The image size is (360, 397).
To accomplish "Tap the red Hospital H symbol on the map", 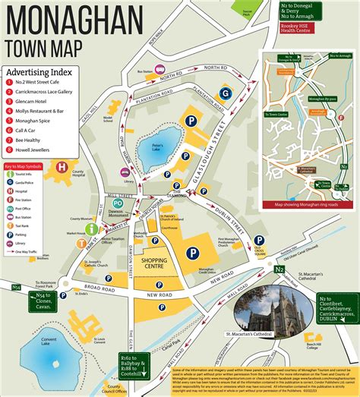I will tap(62, 167).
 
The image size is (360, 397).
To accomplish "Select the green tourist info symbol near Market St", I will tap(91, 228).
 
